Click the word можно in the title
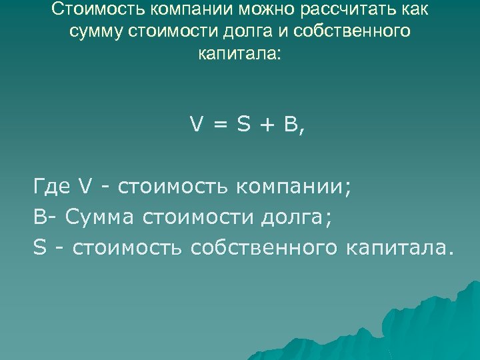coord(256,10)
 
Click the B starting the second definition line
coord(37,217)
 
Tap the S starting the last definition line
coord(37,247)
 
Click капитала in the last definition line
coord(398,247)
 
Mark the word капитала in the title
coord(239,54)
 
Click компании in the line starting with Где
coord(293,186)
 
